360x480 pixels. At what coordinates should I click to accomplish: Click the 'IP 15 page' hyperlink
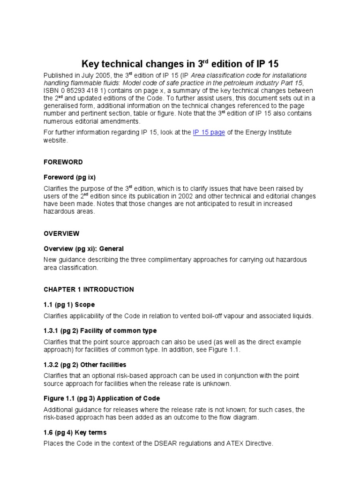(209, 133)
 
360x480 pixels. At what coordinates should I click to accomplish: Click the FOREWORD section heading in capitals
(63, 162)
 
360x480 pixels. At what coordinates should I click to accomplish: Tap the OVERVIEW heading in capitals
(62, 233)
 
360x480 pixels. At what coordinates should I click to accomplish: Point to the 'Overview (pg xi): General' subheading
(84, 248)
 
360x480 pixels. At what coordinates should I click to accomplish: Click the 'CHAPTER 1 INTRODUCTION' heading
(89, 290)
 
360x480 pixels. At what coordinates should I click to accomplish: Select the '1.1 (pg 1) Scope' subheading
(69, 305)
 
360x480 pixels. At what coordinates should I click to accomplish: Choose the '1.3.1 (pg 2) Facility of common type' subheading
(100, 331)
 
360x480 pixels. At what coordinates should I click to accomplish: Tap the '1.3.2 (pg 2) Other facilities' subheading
(85, 365)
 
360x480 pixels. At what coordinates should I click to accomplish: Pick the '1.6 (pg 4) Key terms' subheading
(75, 432)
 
